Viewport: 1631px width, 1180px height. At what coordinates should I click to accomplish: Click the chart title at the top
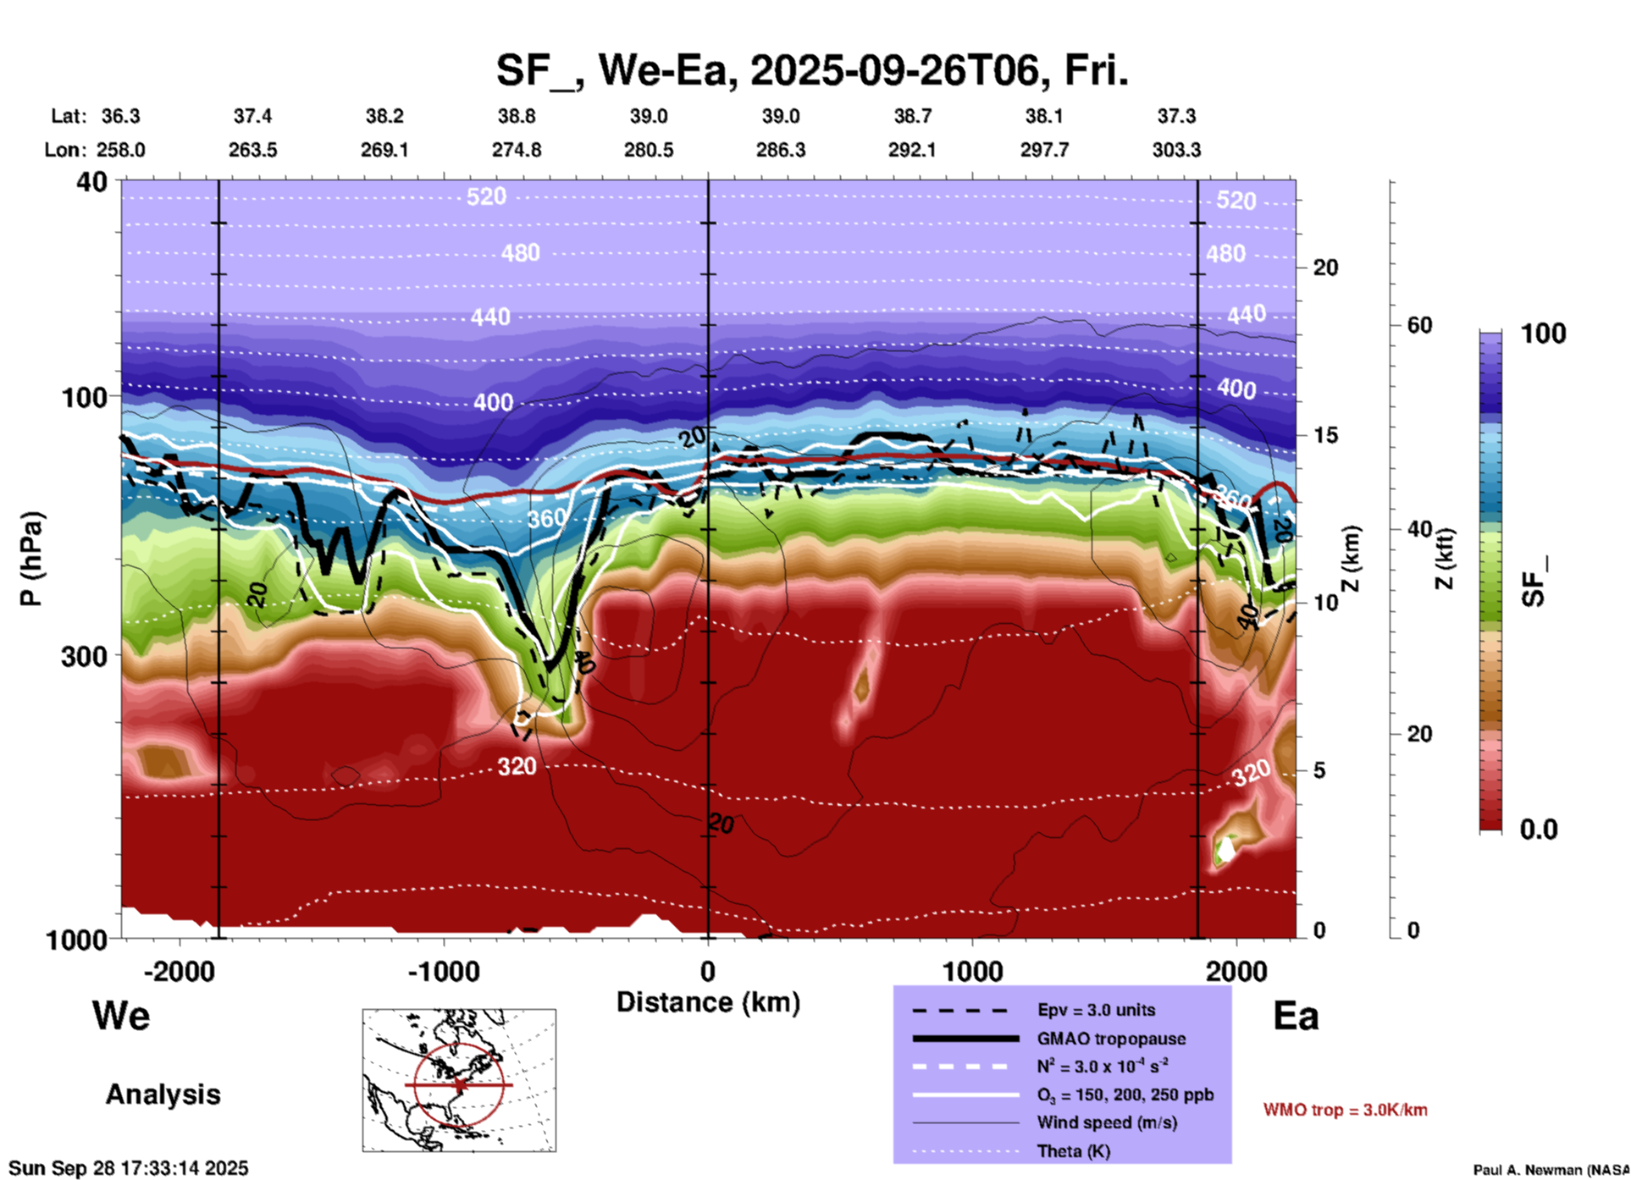(x=811, y=71)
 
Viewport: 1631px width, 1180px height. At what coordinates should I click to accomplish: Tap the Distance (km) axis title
(x=708, y=1002)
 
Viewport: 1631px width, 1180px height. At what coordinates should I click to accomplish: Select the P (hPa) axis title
(x=31, y=559)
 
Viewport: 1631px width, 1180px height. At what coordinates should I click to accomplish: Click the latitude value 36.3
(x=121, y=116)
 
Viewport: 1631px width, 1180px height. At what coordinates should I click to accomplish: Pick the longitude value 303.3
(x=1176, y=150)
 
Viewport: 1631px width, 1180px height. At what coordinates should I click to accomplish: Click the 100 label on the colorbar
(x=1543, y=334)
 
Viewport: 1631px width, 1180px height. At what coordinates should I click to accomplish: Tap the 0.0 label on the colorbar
(x=1539, y=830)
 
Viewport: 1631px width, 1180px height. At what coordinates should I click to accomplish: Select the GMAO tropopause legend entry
(x=1111, y=1039)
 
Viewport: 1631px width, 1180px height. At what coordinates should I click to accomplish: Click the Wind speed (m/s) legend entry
(x=1107, y=1122)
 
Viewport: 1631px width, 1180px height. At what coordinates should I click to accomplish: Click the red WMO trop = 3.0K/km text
(x=1345, y=1110)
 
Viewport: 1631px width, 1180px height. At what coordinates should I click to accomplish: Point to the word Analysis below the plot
(x=163, y=1095)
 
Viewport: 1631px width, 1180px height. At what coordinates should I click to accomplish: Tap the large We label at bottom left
(x=121, y=1016)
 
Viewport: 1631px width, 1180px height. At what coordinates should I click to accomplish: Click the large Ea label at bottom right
(x=1296, y=1016)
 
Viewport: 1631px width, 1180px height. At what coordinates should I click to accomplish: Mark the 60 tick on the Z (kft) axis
(x=1420, y=325)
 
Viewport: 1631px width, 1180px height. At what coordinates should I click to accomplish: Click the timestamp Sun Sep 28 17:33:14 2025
(x=129, y=1168)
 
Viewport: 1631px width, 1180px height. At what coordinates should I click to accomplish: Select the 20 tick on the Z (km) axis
(x=1325, y=267)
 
